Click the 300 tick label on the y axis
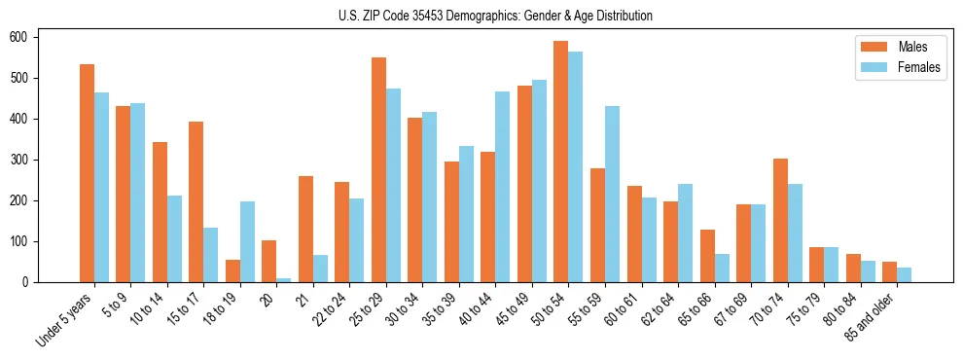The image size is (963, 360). [20, 160]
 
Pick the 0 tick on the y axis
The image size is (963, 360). [26, 282]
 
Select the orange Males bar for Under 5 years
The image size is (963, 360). [87, 173]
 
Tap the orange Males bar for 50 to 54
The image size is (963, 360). [560, 162]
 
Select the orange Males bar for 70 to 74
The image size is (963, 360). [779, 220]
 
